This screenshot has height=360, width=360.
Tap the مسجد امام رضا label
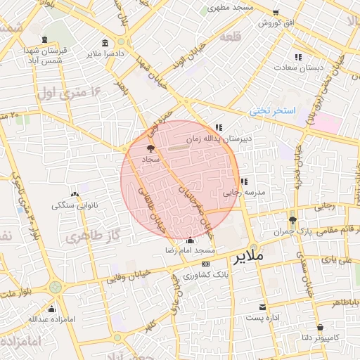(x=189, y=250)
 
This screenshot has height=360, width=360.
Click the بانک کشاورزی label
(x=195, y=274)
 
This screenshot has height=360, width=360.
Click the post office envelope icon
(x=262, y=307)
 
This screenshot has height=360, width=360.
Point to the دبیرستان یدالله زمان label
(x=219, y=139)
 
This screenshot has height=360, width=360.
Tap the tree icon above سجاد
(x=150, y=148)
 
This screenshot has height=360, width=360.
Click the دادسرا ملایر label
(x=105, y=53)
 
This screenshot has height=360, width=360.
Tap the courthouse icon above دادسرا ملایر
(x=105, y=43)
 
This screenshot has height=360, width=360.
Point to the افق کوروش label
(x=275, y=22)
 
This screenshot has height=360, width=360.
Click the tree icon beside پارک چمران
(x=292, y=220)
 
